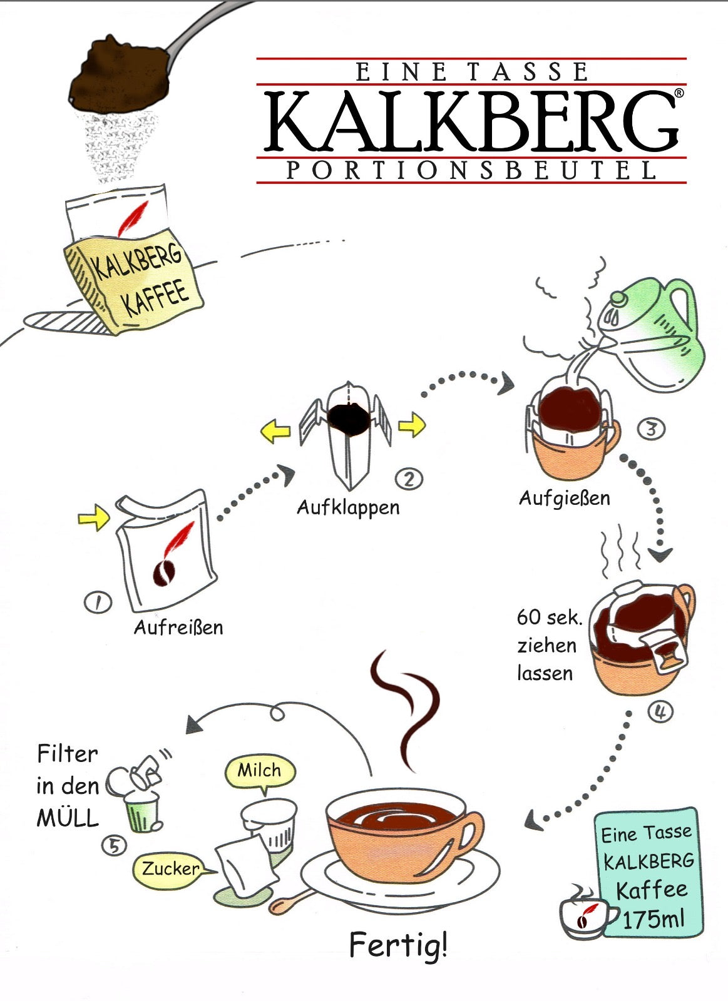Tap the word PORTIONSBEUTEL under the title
[x=471, y=171]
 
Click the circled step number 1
[x=98, y=602]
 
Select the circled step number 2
[x=409, y=479]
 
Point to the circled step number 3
[x=651, y=429]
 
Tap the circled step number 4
[x=660, y=711]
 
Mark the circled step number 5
[x=114, y=846]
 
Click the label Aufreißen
[x=178, y=627]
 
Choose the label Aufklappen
[x=348, y=507]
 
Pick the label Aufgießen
[x=564, y=498]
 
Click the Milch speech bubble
[x=259, y=771]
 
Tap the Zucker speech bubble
[x=170, y=868]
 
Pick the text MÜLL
[x=68, y=818]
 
